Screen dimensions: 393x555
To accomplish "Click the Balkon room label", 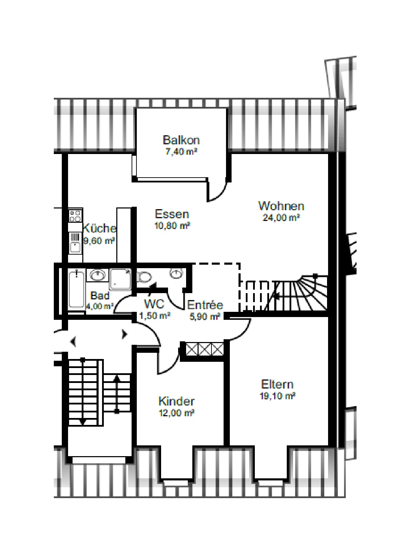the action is coord(181,140).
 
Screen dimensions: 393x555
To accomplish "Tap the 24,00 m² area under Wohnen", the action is coord(281,217).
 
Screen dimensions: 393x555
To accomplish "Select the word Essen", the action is coord(172,214).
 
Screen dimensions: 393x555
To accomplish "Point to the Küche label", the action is coord(99,228).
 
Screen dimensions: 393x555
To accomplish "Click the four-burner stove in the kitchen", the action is coord(75,215).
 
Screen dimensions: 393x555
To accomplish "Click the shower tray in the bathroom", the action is coord(121,279).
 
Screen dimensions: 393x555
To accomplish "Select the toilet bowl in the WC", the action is coord(144,277).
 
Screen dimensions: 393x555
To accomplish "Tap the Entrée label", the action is coord(205,305).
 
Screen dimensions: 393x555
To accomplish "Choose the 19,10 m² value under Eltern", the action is coord(277,396).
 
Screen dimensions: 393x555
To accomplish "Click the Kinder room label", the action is coord(177,401).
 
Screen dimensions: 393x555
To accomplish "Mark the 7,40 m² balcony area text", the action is coord(181,151).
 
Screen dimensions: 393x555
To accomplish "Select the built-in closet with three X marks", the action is coord(204,349).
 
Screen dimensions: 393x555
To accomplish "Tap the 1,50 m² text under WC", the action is coord(155,316).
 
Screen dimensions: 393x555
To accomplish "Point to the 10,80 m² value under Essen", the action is coord(172,226).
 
